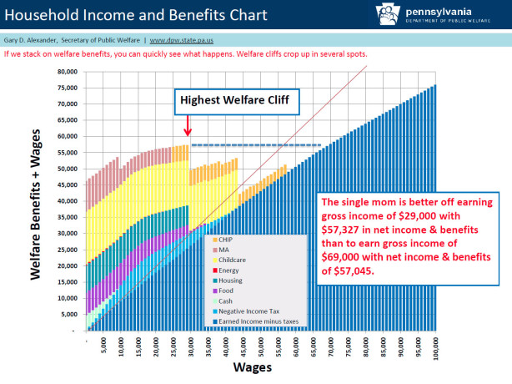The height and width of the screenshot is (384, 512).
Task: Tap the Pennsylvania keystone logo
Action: (x=364, y=14)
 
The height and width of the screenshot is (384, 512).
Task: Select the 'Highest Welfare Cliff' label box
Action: (x=228, y=102)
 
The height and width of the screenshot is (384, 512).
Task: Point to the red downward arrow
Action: (x=188, y=127)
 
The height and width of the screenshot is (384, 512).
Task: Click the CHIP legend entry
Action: (x=225, y=240)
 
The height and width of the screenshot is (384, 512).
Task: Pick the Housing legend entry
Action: (x=230, y=280)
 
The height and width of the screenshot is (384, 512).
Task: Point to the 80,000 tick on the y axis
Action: (x=67, y=72)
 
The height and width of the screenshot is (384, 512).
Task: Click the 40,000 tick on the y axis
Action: (x=67, y=201)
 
